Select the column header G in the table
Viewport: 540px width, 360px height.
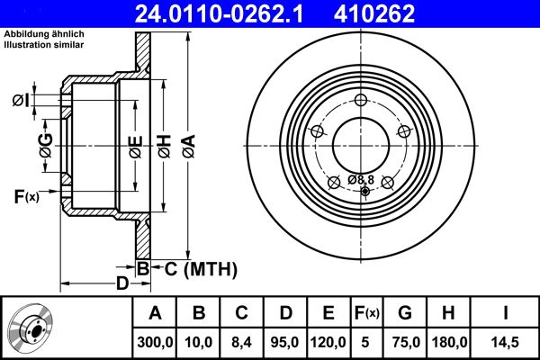[x=405, y=313]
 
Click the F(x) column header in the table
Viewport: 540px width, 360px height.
[x=366, y=313]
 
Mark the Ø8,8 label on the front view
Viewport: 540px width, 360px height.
[x=360, y=180]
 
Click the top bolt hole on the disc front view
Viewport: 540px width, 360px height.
[x=362, y=100]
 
